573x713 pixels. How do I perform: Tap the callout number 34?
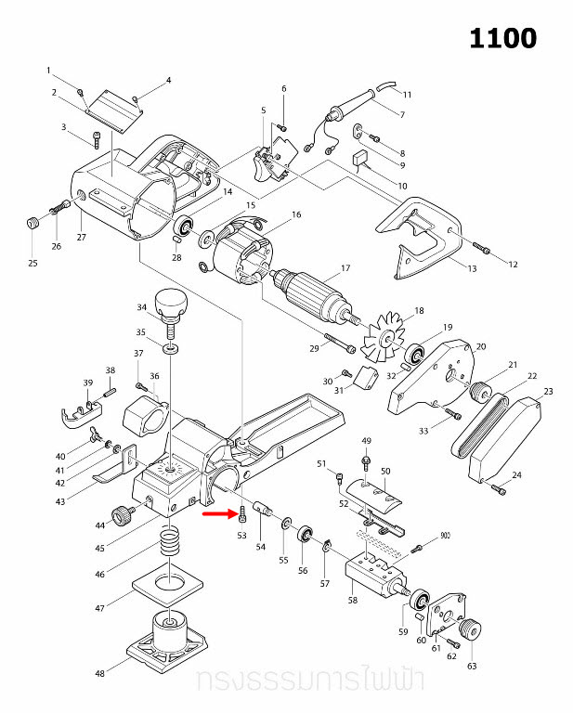tap(142, 307)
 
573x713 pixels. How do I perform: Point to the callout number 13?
tap(472, 269)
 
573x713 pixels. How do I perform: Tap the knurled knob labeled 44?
tap(121, 514)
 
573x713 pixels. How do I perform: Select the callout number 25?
tap(33, 264)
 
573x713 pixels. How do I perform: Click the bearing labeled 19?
tap(416, 354)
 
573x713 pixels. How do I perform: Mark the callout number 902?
tap(444, 536)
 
